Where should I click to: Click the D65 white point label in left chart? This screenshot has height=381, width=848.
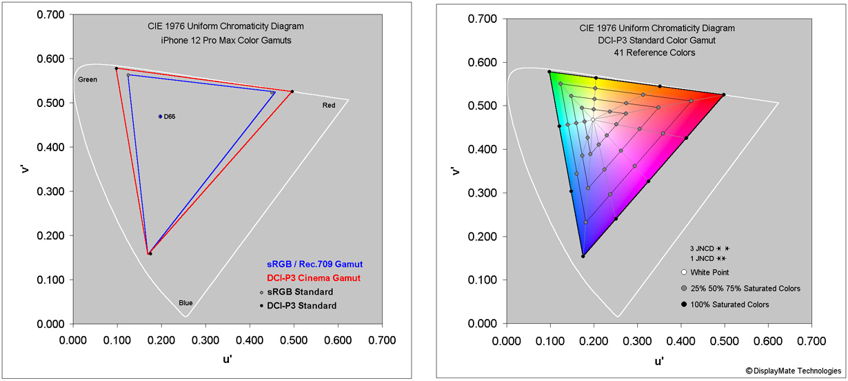coord(169,117)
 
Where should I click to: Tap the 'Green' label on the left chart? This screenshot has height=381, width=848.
coord(88,79)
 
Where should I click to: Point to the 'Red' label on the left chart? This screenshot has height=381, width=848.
coord(330,105)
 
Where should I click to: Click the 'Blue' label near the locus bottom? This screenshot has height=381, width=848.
coord(185,302)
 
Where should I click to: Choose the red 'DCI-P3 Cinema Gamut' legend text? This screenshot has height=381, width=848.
coord(314,277)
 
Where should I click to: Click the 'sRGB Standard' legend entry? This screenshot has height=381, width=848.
coord(306,292)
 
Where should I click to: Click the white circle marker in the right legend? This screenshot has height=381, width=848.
coord(684,273)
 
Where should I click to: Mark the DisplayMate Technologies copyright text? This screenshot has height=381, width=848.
coord(793,371)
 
